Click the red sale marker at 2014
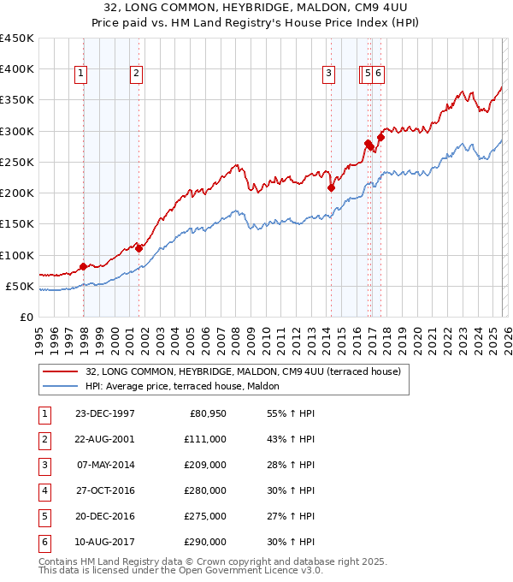(330, 187)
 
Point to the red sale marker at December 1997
(83, 266)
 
